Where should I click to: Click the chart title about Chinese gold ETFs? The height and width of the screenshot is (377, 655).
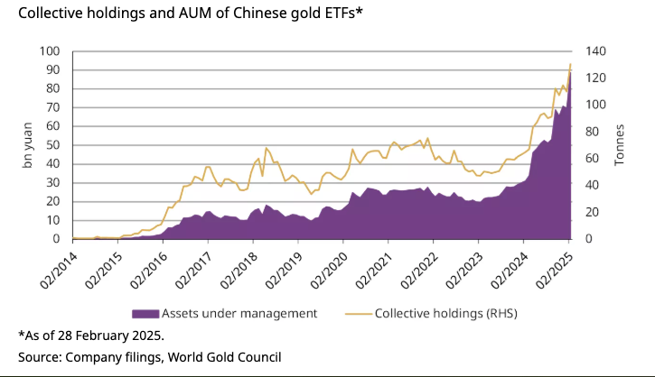(188, 13)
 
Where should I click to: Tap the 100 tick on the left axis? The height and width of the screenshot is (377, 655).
(51, 51)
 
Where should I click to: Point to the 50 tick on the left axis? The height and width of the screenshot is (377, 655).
(54, 145)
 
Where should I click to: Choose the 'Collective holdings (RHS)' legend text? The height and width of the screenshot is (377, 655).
(445, 314)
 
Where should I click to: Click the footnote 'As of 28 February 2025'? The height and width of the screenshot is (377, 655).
(90, 336)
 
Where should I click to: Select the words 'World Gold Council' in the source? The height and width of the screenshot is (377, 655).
(233, 356)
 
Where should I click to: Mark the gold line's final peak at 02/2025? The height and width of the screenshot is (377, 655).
(570, 65)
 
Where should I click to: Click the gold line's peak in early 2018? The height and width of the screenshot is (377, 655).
(267, 148)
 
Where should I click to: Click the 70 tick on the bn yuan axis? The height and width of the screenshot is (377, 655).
(54, 107)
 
